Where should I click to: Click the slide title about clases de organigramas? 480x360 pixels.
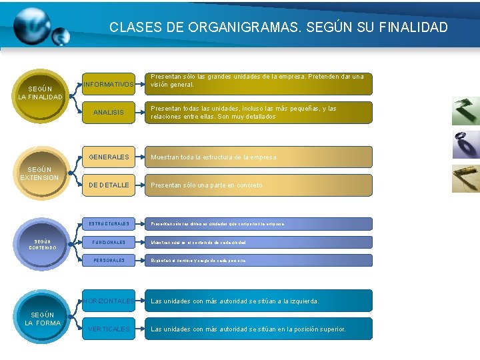[x=279, y=27]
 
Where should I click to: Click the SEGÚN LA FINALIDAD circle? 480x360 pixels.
[x=40, y=93]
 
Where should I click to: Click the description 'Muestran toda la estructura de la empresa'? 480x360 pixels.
[x=259, y=157]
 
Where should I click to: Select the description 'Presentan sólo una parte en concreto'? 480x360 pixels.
[x=259, y=185]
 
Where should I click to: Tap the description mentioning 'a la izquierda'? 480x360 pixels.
[x=259, y=301]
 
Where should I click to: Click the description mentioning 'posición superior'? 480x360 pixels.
[x=259, y=329]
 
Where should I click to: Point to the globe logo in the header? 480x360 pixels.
[x=37, y=27]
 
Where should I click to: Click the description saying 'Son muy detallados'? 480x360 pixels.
[x=259, y=113]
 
